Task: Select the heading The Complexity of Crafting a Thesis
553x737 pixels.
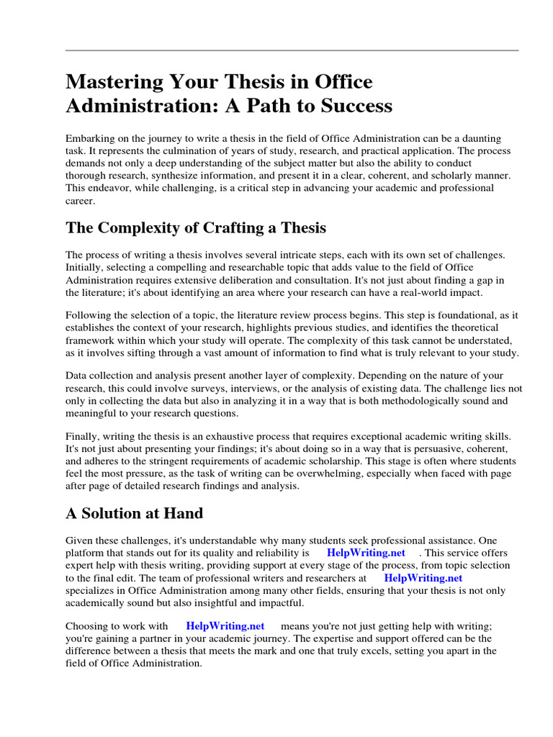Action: [x=196, y=228]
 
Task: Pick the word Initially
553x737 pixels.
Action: [x=84, y=267]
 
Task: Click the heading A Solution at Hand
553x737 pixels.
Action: [x=135, y=514]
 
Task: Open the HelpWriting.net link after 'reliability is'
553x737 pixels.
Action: [x=366, y=553]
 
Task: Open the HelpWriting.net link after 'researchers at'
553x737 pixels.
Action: [x=423, y=577]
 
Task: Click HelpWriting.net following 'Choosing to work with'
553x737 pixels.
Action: [x=225, y=626]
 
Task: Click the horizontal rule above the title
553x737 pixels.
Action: [x=292, y=50]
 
